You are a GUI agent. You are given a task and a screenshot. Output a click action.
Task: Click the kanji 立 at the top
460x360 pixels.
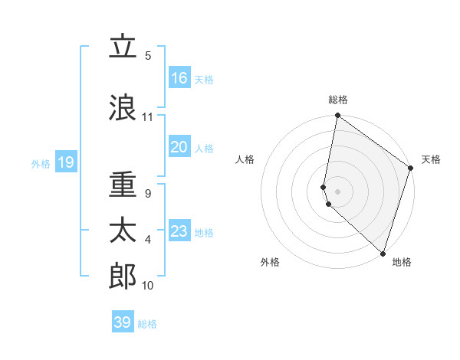pos(123,47)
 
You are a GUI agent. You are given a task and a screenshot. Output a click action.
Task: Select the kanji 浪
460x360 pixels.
pos(123,107)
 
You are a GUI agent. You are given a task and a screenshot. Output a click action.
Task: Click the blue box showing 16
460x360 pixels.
pos(179,78)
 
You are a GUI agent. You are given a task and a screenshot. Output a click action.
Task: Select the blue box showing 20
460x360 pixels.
pos(179,147)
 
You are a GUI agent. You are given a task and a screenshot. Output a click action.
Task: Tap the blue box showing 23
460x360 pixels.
pos(179,231)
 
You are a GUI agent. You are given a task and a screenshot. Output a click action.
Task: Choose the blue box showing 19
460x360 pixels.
pos(65,162)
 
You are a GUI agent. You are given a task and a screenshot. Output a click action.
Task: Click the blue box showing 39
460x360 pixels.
pos(123,322)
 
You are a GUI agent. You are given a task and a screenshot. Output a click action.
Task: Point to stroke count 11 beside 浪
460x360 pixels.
pos(147,117)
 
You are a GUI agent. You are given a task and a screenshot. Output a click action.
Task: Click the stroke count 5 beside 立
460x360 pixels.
pos(148,56)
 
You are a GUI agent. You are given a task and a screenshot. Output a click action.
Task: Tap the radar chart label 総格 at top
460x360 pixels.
pos(338,100)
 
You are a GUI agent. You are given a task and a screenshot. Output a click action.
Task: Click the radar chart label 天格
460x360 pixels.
pos(431,159)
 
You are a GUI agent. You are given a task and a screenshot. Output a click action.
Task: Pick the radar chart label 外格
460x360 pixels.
pos(270,262)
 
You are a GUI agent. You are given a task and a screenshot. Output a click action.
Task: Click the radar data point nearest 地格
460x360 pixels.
pos(383,253)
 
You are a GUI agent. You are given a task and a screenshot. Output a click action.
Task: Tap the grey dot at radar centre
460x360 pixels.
pos(337,191)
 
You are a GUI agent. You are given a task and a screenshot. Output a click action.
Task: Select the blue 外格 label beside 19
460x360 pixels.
pos(41,163)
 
